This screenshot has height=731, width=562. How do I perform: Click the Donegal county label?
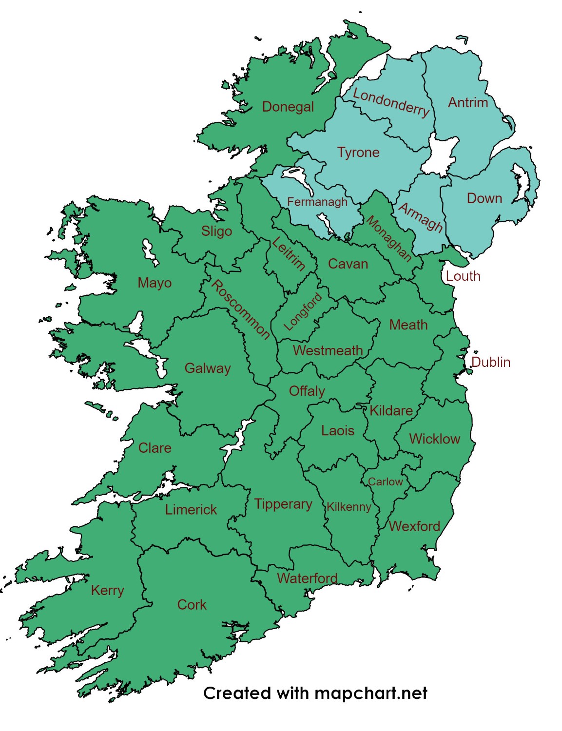coord(288,107)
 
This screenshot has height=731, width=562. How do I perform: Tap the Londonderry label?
coord(391,103)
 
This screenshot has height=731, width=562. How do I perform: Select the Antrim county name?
coord(468,102)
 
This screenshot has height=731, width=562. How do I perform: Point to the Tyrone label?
coord(358,153)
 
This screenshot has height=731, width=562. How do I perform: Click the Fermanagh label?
coord(317,202)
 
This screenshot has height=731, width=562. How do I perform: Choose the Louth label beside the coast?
coord(463,276)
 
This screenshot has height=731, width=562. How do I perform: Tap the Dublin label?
coord(491,362)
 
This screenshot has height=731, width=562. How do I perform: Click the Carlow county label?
coord(385,482)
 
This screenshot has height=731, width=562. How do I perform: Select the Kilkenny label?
coord(349,507)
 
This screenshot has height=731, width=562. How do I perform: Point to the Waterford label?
coord(307,578)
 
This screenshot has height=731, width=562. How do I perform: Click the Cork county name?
coord(192,605)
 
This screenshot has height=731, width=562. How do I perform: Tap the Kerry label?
coord(107,591)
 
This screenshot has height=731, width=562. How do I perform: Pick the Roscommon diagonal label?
coord(240,309)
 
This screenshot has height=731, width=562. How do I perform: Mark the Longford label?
coord(303,312)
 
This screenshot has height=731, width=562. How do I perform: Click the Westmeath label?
coord(328,350)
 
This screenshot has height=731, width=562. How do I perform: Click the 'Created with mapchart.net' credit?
coord(315,693)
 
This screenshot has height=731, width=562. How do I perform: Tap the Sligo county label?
coord(216,231)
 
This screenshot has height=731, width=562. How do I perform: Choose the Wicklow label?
coord(434,439)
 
